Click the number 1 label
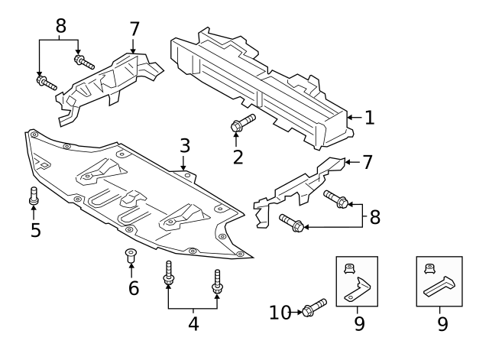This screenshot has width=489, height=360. click(x=370, y=118)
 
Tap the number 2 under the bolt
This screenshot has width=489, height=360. click(x=238, y=157)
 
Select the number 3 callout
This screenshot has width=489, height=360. click(x=184, y=145)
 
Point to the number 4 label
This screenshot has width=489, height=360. click(x=193, y=324)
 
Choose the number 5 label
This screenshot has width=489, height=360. click(x=35, y=229)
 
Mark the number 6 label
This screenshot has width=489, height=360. click(x=134, y=288)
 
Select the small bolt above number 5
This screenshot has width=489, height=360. click(x=34, y=196)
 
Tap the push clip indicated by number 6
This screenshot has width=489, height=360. click(x=131, y=256)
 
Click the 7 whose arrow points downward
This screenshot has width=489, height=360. click(x=134, y=28)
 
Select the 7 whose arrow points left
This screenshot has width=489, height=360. click(x=367, y=162)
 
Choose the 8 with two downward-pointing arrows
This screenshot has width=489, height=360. click(x=60, y=27)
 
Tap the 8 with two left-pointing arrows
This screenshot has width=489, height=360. click(x=374, y=216)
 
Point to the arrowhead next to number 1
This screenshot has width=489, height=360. click(x=351, y=118)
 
